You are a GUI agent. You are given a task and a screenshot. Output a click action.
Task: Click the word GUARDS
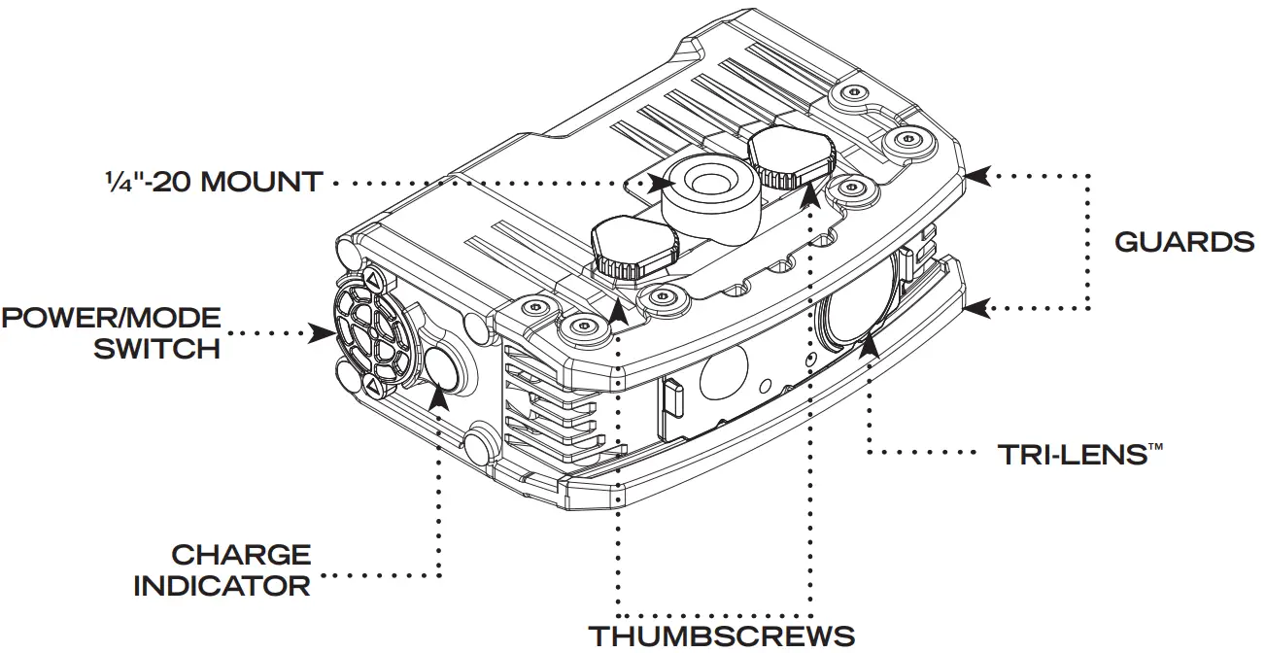pos(1183,242)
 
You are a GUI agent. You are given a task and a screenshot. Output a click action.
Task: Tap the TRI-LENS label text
pos(1079,455)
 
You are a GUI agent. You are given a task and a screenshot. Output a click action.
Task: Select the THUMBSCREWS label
pos(723,636)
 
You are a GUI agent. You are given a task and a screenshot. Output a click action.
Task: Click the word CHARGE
pos(241,555)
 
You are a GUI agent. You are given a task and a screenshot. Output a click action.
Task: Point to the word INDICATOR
pos(222,586)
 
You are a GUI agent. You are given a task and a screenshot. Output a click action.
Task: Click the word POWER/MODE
pos(111,318)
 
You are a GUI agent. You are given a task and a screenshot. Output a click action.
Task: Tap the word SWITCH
pos(156,349)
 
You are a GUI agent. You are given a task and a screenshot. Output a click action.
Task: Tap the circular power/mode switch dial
pos(366,336)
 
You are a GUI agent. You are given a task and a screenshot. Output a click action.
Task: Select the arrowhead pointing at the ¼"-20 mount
pos(665,182)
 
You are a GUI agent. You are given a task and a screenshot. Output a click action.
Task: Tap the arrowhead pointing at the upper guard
pos(978,175)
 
